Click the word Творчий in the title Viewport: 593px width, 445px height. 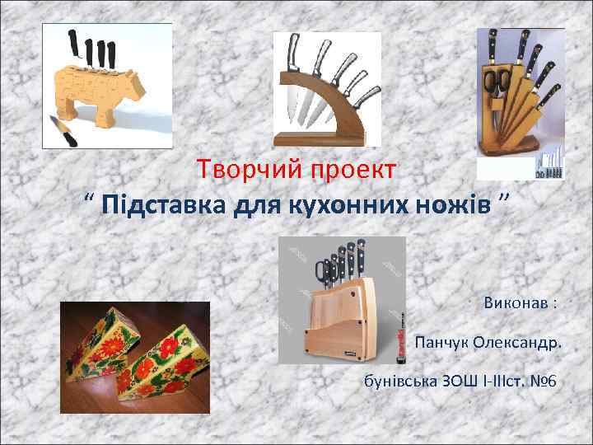click(x=246, y=171)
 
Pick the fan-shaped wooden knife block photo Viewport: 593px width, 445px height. click(x=520, y=103)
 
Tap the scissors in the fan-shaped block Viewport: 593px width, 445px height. click(x=497, y=82)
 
